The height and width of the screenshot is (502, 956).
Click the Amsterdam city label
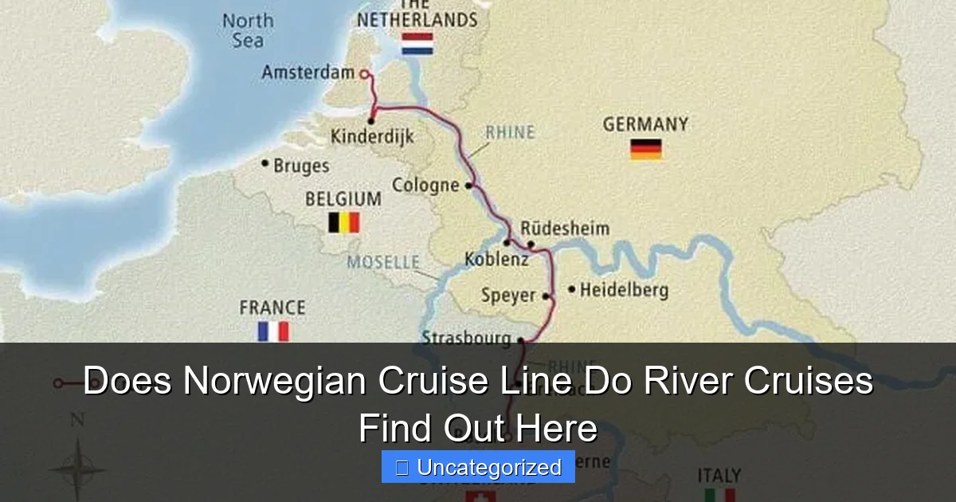click(308, 73)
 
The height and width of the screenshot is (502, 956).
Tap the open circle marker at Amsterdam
click(364, 74)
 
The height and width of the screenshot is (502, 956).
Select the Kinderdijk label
click(372, 137)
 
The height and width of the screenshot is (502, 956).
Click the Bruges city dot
click(265, 163)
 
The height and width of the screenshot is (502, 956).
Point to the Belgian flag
click(344, 222)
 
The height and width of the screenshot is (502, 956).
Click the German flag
click(646, 149)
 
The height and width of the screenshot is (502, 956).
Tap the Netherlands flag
click(417, 44)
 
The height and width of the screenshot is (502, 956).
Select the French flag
click(272, 331)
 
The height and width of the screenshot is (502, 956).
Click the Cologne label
click(425, 186)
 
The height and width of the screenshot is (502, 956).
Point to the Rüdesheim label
click(565, 229)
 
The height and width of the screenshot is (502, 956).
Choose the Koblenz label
click(496, 260)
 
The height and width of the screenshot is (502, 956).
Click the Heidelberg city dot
click(571, 289)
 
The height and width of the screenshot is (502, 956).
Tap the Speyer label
click(508, 296)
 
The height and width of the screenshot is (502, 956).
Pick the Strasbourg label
click(466, 339)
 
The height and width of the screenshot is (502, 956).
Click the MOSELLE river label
click(383, 262)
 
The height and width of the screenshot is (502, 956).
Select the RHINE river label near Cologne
click(510, 132)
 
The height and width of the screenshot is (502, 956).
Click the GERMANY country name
click(645, 125)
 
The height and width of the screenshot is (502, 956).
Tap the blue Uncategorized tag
click(478, 467)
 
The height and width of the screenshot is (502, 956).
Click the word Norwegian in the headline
click(275, 381)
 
